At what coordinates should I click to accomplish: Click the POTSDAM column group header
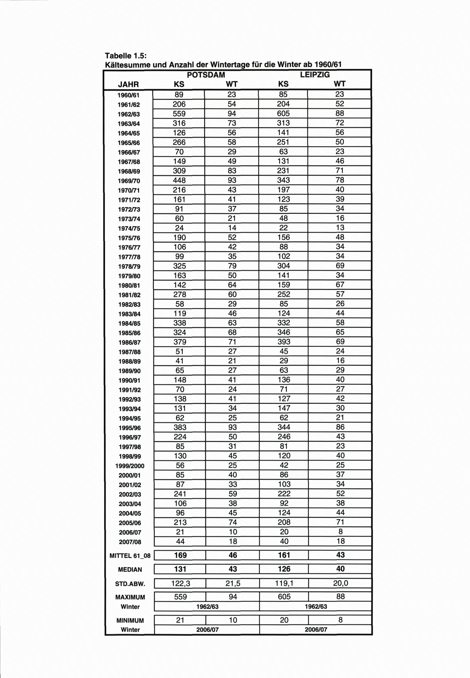coord(206,75)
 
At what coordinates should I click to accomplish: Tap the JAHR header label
coord(128,85)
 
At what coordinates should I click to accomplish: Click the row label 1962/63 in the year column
coord(129,114)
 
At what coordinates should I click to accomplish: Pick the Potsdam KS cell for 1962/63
coord(179,113)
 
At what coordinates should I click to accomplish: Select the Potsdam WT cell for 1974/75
coord(232,228)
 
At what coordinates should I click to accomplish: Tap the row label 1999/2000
coord(130,466)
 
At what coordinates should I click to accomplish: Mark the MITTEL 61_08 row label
coord(130,556)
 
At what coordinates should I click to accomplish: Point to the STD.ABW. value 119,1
coord(284,583)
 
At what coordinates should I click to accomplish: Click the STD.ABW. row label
coord(130,584)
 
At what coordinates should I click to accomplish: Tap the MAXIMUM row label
coord(130,597)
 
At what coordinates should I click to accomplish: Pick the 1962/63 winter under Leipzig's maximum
coord(316,606)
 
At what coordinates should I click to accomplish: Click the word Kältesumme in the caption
coord(128,64)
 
